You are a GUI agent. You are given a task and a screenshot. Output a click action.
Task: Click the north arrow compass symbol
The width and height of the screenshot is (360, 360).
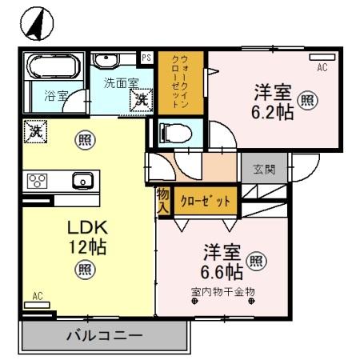coord(36,25)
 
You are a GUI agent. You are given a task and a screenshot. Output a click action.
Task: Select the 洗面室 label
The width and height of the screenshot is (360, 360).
coord(121,84)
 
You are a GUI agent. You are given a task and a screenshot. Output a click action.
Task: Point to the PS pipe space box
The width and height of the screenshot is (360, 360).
coord(146,58)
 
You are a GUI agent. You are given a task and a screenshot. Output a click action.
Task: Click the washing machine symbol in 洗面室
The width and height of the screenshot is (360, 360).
coord(141,100)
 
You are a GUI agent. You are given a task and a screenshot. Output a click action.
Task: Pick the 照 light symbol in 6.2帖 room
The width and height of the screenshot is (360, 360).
coord(306,101)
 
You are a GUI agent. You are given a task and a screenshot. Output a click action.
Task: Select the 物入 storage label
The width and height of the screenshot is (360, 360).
coord(162,201)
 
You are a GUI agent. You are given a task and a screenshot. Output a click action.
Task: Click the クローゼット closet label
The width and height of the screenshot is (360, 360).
coord(206,201)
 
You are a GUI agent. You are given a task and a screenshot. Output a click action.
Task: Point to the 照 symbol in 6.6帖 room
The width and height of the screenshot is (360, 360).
coord(256,260)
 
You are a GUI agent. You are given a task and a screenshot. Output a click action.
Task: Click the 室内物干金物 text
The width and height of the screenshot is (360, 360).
coord(222,291)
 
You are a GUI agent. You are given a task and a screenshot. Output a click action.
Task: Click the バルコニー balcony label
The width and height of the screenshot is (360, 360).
coord(104,335)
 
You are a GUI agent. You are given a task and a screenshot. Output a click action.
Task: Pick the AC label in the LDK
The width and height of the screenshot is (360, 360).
coord(37,296)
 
